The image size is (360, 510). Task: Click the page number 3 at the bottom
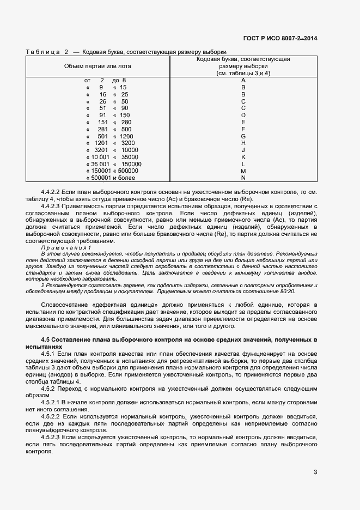[x=315, y=473]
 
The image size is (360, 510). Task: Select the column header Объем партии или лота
[x=97, y=66]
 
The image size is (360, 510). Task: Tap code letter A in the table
[x=243, y=81]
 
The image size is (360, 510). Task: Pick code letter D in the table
[x=243, y=115]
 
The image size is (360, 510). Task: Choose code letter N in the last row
[x=243, y=178]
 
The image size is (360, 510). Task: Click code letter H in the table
[x=243, y=143]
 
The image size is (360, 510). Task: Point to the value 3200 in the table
[x=129, y=143]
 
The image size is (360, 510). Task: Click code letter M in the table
[x=243, y=171]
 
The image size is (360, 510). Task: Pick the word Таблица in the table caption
[x=42, y=52]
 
